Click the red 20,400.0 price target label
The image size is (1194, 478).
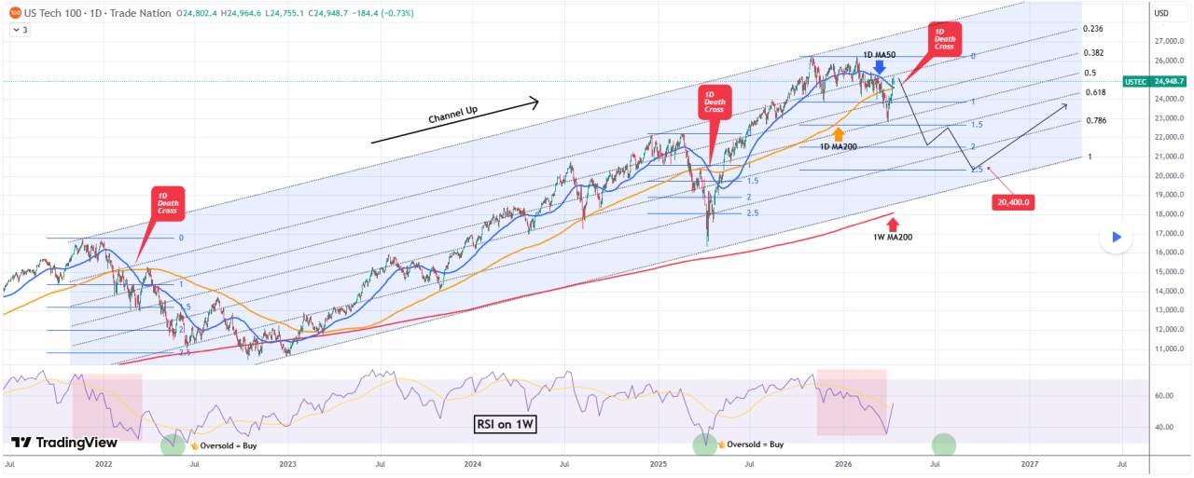pos(1014,201)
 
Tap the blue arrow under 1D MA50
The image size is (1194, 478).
pos(880,67)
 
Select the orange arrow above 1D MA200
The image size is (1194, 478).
pos(839,134)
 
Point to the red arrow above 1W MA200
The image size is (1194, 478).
pos(893,225)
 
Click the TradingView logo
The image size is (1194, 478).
pos(64,443)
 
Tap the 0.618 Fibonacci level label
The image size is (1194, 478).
pos(1095,93)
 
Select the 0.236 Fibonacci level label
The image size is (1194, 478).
pos(1092,30)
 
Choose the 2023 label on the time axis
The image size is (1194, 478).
pos(287,463)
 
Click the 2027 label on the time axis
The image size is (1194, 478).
pos(1030,463)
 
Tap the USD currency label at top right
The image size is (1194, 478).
pos(1161,13)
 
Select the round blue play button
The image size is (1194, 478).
pos(1116,239)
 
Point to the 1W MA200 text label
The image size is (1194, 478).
pos(893,238)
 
